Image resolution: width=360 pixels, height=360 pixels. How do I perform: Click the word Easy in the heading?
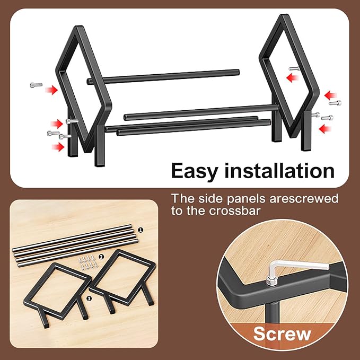point(194,172)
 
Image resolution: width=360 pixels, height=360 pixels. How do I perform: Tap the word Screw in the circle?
point(282,334)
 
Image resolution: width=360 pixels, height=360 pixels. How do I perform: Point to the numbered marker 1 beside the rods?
point(141,230)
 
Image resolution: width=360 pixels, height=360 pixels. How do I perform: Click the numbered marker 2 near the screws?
point(101,257)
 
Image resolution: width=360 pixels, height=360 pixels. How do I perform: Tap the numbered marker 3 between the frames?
point(89,298)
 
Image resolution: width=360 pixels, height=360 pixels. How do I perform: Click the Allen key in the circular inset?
point(298,269)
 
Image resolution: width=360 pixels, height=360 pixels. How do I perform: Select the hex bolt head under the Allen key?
point(271,282)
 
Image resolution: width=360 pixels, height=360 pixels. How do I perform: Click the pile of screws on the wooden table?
point(88,262)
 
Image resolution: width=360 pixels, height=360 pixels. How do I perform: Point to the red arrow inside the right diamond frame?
point(292,78)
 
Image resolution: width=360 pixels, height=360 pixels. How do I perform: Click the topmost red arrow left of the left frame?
point(51,90)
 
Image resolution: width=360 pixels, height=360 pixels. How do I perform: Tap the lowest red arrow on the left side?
point(58,147)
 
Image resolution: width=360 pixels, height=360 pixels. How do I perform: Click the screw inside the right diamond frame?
point(294,68)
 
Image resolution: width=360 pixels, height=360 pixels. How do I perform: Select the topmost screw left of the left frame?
point(36,85)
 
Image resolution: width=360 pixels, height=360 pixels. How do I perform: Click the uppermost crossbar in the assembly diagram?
point(163,77)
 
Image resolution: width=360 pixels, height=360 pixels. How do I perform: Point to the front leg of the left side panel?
point(100,146)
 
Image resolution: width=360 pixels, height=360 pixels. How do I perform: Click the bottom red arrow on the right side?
point(325,129)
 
